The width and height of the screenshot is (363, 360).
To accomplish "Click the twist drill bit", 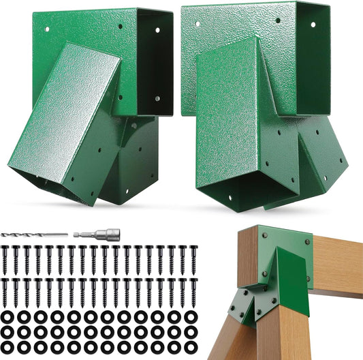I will (x=34, y=235).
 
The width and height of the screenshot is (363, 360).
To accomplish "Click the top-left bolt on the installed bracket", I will (x=266, y=235).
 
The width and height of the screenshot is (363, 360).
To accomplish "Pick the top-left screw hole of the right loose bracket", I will (x=198, y=24).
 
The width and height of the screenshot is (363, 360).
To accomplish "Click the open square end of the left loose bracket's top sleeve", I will (x=155, y=61).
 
